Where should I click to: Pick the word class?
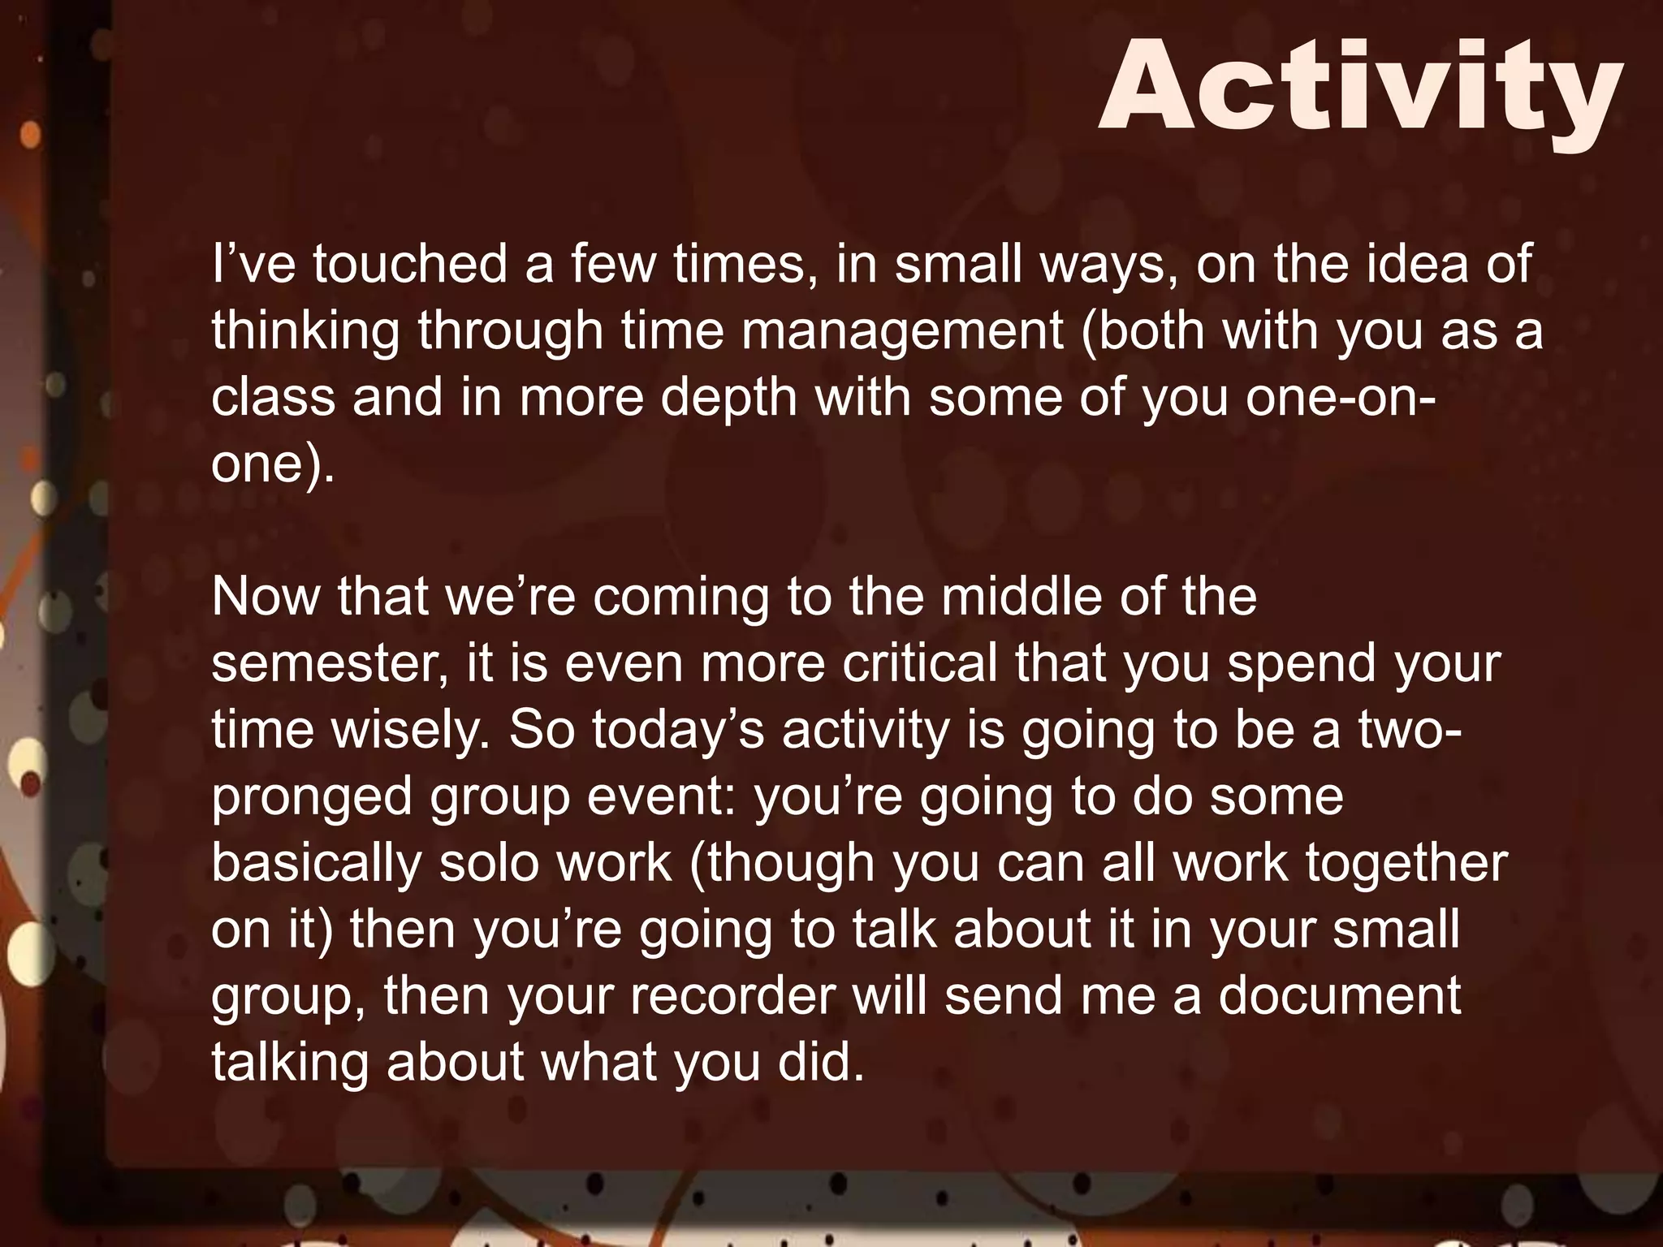tap(273, 397)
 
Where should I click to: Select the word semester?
tap(329, 663)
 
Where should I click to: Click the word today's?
tap(678, 730)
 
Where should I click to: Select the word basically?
tap(316, 863)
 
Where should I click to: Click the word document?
tap(1339, 996)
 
